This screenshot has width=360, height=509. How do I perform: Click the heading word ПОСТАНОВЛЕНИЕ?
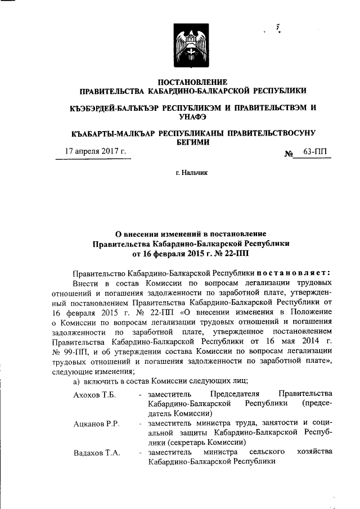tap(193, 82)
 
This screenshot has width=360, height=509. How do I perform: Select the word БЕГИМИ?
tap(193, 142)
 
